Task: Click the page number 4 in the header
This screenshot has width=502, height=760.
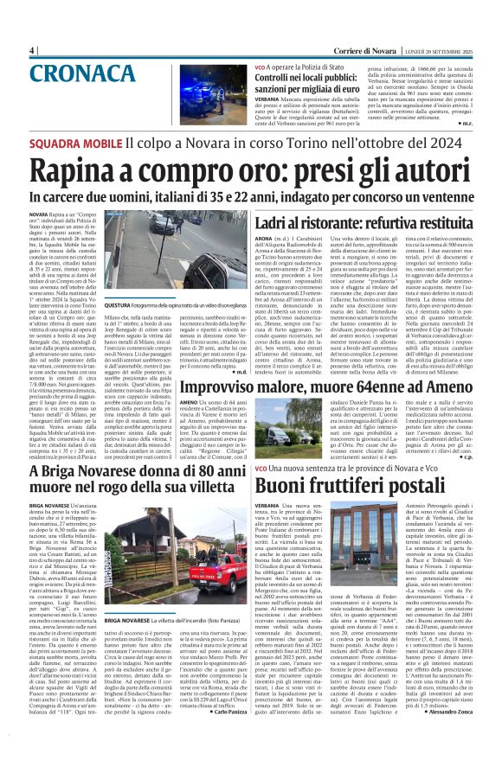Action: pyautogui.click(x=31, y=50)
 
